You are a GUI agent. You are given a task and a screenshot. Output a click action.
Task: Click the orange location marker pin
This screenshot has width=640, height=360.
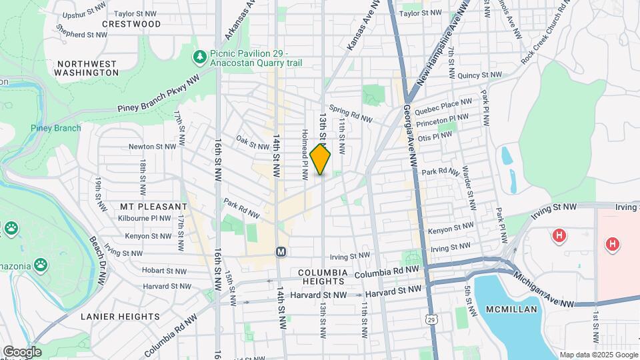[321, 159]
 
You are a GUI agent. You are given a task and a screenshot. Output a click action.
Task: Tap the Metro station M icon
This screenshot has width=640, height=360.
[281, 251]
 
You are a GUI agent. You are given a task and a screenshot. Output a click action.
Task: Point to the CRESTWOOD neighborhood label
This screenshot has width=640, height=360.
[131, 24]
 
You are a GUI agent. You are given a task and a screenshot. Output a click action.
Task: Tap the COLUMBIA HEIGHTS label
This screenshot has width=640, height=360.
[323, 278]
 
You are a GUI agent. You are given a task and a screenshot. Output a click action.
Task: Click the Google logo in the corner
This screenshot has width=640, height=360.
[21, 352]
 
